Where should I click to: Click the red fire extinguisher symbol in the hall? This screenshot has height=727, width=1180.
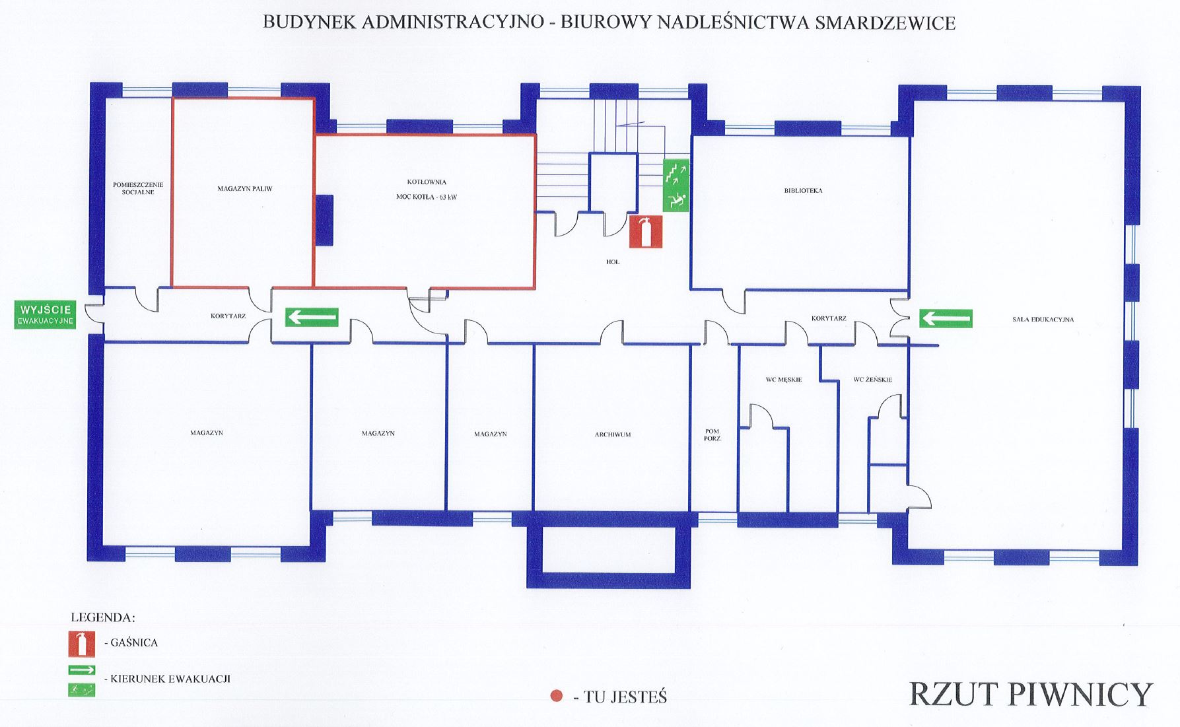coord(645,232)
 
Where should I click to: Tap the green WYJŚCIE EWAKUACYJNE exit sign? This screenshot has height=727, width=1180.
coord(45,315)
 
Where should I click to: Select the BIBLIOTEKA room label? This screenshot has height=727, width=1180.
coord(803,191)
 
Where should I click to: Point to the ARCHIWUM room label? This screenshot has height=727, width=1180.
coord(612,434)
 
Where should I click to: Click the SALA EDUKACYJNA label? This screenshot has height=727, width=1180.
coord(1043,320)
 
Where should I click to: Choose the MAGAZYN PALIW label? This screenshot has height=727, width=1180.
coord(245,189)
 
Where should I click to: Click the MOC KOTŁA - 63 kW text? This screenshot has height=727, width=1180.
coord(427,197)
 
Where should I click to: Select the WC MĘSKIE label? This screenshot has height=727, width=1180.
coord(784,380)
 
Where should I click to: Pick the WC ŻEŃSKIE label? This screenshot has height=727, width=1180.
coord(872,380)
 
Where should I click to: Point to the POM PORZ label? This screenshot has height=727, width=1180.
coord(712,435)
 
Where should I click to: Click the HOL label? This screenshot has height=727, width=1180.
coord(613,262)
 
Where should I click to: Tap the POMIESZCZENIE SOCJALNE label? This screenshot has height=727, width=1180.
coord(138,188)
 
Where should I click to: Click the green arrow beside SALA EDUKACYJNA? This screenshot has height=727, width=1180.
coord(946,319)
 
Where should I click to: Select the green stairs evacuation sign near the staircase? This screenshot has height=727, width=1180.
coord(676,186)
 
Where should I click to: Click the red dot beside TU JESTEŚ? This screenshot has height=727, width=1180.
coord(557,696)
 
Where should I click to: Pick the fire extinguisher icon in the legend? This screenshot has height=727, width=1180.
coord(81,644)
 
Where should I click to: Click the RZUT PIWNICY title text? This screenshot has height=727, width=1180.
coord(1030,695)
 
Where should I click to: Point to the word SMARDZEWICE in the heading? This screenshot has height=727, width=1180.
coord(885,22)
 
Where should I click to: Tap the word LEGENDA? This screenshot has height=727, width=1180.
coord(103,618)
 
